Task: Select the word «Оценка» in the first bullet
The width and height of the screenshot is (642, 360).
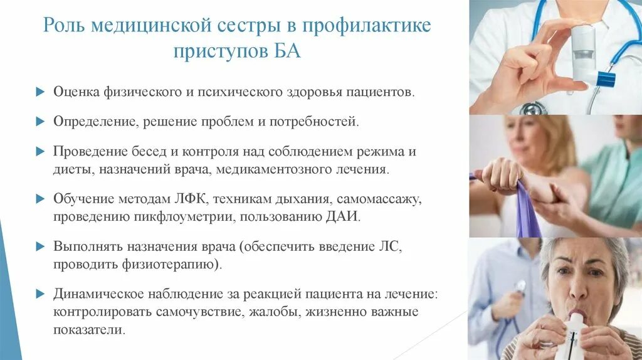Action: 75,92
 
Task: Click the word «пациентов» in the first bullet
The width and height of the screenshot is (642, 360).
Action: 382,92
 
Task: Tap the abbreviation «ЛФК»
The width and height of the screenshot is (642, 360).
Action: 187,199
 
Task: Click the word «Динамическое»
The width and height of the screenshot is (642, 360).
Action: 94,294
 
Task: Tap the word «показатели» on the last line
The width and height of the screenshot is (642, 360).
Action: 90,329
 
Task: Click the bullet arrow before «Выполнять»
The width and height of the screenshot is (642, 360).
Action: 39,246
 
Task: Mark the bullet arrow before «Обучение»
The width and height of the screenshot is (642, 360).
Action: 39,199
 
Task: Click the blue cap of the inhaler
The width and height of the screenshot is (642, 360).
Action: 606,80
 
